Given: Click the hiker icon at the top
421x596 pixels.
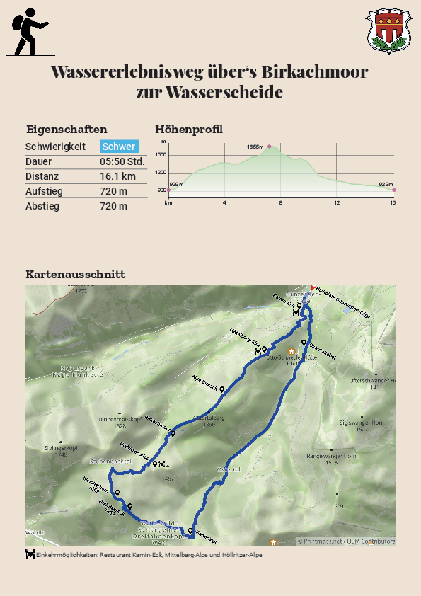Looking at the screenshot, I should click(x=30, y=32).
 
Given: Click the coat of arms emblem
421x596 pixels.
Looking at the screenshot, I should click(x=386, y=31).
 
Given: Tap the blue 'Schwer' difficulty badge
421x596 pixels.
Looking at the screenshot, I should click(x=119, y=147).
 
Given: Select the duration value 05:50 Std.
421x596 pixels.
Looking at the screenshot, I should click(x=122, y=161).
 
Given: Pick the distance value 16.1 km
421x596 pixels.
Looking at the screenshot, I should click(x=117, y=176).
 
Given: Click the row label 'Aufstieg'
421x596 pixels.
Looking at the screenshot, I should click(x=42, y=191).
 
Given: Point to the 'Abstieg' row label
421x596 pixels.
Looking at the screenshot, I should click(x=42, y=206).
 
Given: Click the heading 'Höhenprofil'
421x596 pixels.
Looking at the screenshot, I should click(x=189, y=129).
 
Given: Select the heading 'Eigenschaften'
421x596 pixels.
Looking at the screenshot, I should click(x=67, y=129).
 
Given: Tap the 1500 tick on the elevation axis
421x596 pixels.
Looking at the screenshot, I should click(x=161, y=154).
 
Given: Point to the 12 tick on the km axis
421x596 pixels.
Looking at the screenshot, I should click(x=337, y=203).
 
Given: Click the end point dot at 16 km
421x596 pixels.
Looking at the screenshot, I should click(x=393, y=190).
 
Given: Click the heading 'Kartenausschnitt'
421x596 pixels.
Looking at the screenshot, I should click(x=75, y=274).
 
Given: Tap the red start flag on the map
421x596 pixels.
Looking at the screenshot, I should click(x=313, y=287).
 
